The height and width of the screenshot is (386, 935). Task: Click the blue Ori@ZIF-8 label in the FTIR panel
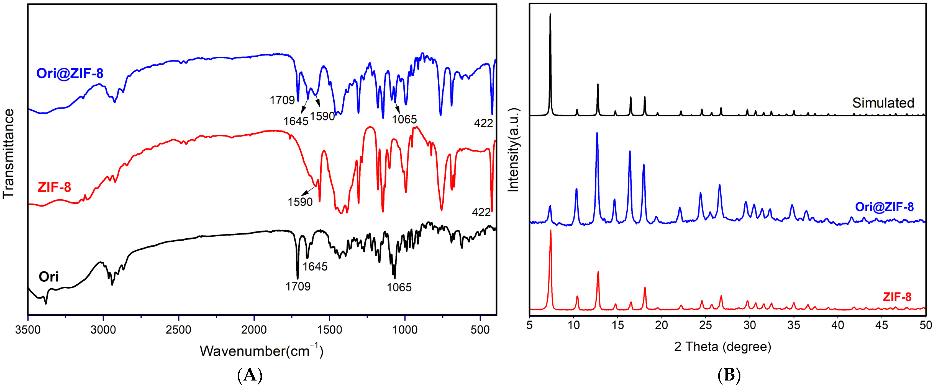tap(70, 74)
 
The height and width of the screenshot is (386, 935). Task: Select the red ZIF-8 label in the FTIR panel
tap(55, 187)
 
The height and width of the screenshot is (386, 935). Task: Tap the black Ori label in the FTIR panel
tap(49, 277)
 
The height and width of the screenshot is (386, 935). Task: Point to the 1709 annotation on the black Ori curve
tap(298, 287)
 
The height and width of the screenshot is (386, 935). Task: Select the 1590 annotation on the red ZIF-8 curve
tap(300, 202)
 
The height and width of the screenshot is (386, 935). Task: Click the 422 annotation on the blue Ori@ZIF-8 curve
tap(483, 123)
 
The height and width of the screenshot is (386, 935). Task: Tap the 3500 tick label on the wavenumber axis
tap(27, 330)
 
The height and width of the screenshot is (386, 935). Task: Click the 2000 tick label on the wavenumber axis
tap(254, 330)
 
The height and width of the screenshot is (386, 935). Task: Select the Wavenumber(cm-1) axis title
tap(261, 351)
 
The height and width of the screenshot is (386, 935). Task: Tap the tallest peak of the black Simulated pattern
tap(550, 14)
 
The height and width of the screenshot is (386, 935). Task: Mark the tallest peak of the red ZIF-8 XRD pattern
tap(551, 230)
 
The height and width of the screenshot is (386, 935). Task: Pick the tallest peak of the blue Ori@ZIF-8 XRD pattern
tap(597, 133)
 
